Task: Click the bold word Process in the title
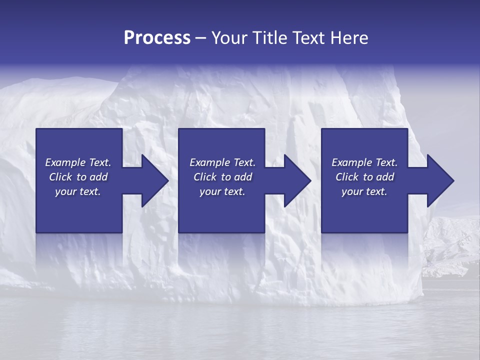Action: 157,38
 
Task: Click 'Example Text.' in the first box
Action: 78,162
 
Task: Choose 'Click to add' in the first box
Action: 78,177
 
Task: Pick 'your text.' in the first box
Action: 78,191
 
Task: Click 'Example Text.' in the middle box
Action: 222,162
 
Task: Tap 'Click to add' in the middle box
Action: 222,177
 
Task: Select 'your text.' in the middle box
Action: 222,191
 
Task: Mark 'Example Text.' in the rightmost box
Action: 364,162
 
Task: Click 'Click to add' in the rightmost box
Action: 364,177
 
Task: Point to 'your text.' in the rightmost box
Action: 364,191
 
